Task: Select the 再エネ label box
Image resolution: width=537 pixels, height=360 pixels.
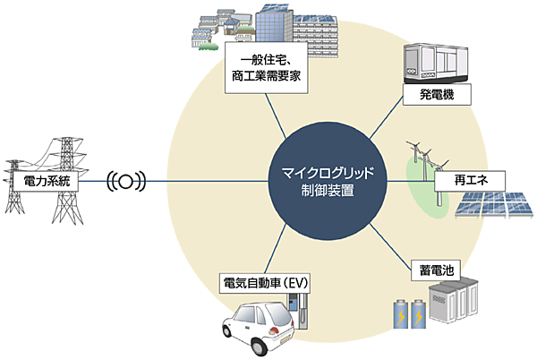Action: (x=468, y=182)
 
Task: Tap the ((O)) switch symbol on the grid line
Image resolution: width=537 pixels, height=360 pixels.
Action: (x=125, y=182)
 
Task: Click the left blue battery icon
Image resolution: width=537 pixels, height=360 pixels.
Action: (x=398, y=316)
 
